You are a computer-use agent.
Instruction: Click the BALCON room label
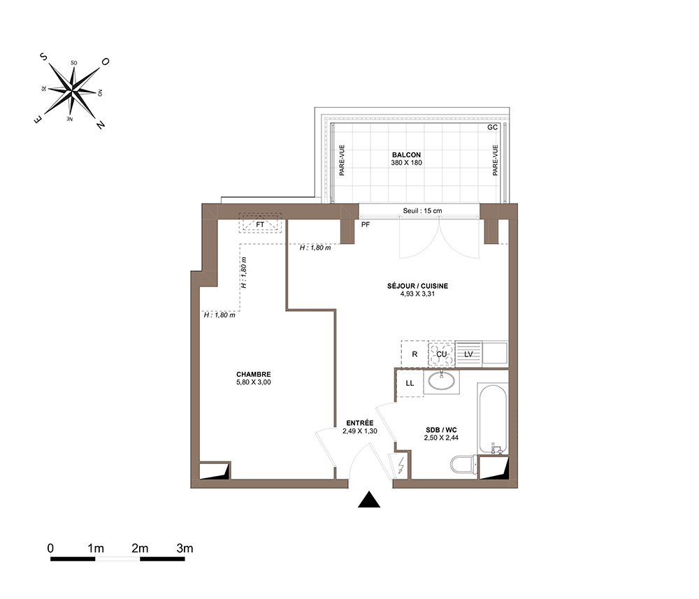pos(406,154)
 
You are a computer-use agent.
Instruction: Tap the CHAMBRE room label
pos(253,375)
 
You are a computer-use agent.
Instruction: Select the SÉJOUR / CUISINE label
pos(417,286)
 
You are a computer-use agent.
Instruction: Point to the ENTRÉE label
pos(360,423)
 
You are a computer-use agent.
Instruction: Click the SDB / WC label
pos(441,430)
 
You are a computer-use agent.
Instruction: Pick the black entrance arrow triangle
pos(369,500)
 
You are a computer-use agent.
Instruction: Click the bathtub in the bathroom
pos(493,417)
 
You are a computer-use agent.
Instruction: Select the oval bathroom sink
pos(441,381)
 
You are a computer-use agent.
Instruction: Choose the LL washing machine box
pos(410,383)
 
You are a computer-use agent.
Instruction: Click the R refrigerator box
pos(415,354)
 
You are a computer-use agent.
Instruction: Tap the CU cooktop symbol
pos(441,354)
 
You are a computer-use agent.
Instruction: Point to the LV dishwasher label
pos(468,354)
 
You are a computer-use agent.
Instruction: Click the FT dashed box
pos(260,223)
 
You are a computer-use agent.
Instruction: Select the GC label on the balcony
pos(492,127)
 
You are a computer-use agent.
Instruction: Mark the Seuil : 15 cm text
pos(423,211)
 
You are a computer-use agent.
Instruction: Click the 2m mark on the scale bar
pos(140,549)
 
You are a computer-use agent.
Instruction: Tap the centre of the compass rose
pos(72,91)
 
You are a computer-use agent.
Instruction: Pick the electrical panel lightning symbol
pos(401,465)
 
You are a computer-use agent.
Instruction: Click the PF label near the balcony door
pos(365,224)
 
